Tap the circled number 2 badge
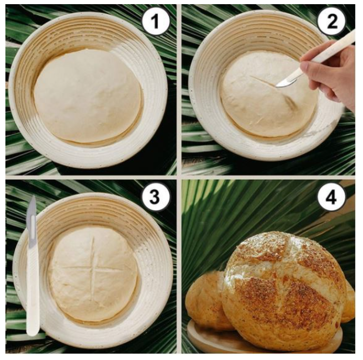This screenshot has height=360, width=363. [331, 21]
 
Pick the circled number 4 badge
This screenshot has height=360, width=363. [331, 197]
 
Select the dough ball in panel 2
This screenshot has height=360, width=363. [268, 94]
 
